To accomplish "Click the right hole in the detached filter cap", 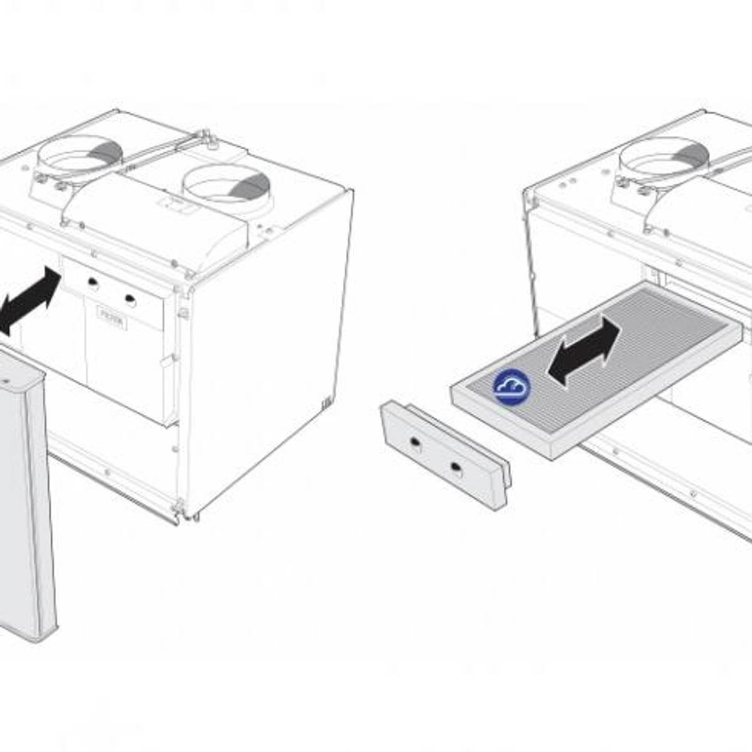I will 456,467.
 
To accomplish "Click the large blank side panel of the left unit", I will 269,351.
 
